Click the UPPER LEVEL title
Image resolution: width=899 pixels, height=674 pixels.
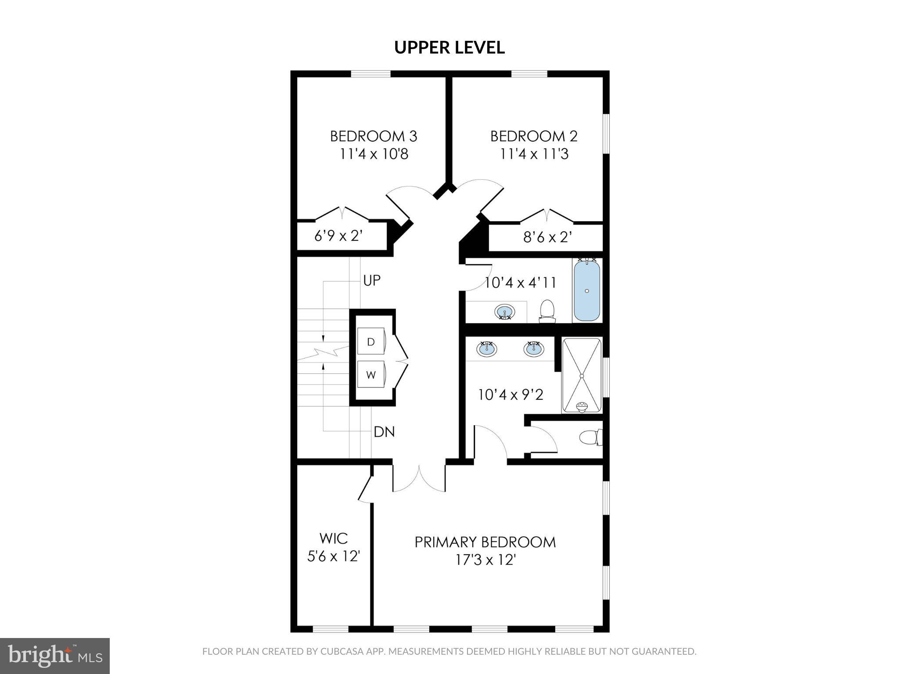point(449,47)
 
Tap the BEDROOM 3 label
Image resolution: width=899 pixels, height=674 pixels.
point(374,136)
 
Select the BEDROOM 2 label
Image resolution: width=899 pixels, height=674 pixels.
point(534,136)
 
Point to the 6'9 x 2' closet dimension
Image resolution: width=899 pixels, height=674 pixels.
point(338,237)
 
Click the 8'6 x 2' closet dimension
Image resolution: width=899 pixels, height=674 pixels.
point(547,237)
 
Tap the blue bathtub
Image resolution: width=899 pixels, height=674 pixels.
point(587,290)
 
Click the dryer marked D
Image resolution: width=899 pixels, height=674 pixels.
point(371,342)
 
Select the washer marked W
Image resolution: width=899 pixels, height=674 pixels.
point(371,375)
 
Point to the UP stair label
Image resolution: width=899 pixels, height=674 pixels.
point(372,280)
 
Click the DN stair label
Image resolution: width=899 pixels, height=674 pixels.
point(384,432)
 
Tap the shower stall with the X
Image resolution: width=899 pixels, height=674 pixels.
point(582,376)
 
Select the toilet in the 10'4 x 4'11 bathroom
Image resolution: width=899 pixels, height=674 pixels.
point(547,310)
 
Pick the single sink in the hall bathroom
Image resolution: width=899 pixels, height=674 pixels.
point(505,312)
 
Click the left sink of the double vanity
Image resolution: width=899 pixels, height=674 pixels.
point(487,349)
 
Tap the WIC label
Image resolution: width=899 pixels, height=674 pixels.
point(334,538)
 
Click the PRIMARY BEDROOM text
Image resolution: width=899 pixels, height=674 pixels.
point(485,542)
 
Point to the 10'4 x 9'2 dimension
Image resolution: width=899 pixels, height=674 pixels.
point(511,395)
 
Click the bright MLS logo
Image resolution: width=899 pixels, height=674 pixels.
point(55,656)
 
